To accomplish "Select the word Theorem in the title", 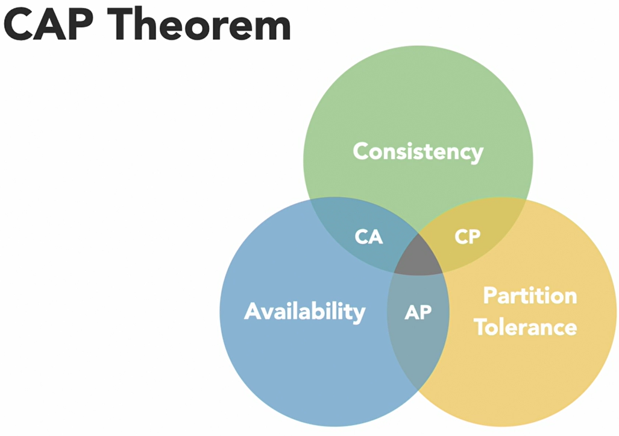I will pos(201,25).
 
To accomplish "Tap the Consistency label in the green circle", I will pos(418,151).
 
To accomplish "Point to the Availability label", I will pos(304,311).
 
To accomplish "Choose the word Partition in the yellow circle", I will pos(530,296).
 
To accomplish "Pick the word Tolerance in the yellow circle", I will pos(525,327).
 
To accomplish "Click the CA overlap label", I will pos(369,237).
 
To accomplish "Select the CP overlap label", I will pos(468,237).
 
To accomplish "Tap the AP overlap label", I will pos(418,312).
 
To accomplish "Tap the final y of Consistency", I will pos(477,154).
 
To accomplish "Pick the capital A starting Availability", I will pos(253,311).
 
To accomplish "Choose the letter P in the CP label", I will pos(475,237).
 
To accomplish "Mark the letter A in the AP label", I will pos(411,312).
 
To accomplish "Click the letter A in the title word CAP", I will pos(52,25).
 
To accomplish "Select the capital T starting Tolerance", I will pos(480,327).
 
